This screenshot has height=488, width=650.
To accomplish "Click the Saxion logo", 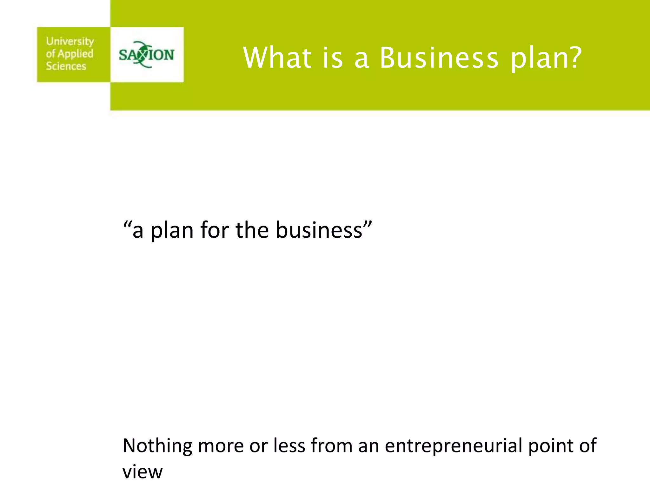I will point(147,55).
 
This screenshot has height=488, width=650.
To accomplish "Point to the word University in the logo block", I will point(70,41).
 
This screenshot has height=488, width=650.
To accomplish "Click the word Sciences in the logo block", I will point(66,66).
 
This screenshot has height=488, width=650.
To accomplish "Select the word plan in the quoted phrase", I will point(172,231).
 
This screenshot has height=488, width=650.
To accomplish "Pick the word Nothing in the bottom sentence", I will point(157,446).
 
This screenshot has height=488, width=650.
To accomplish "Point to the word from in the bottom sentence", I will point(331,445).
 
